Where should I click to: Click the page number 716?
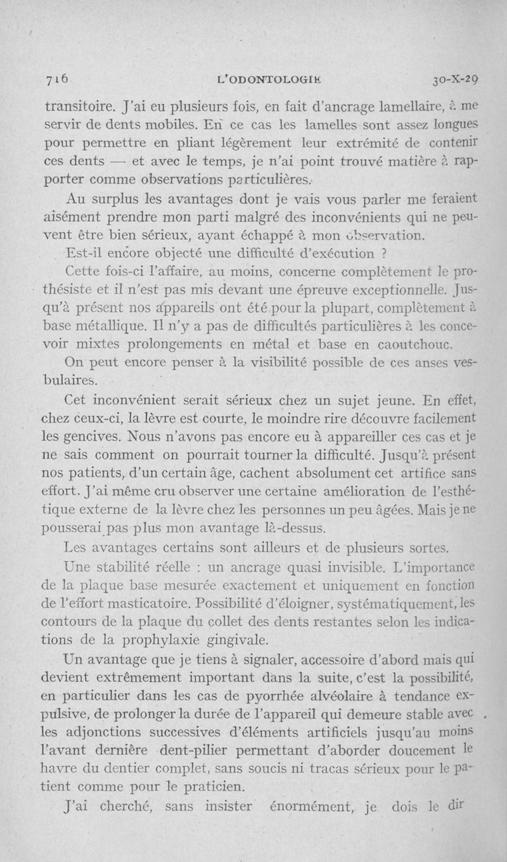(56, 80)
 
